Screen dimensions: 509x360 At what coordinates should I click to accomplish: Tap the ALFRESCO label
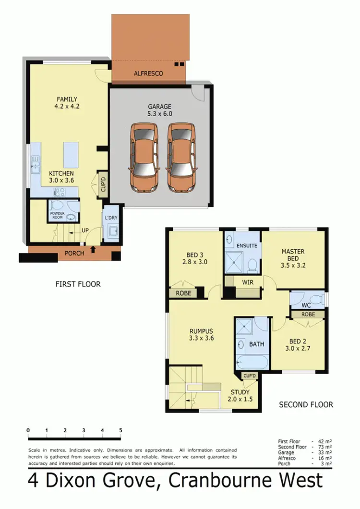point(149,73)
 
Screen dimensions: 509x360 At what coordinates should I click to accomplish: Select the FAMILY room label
point(67,99)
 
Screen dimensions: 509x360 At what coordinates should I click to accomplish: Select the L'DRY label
point(111,218)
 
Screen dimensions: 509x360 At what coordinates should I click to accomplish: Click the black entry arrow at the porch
point(93,249)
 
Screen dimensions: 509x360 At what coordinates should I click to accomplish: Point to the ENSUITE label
point(247,245)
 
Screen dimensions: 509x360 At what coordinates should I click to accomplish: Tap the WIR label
point(248,282)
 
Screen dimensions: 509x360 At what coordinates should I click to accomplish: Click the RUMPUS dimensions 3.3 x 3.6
point(201,338)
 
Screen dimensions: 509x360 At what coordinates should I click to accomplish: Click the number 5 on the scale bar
point(120,430)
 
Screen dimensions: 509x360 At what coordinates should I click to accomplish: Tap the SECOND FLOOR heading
point(306,405)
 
